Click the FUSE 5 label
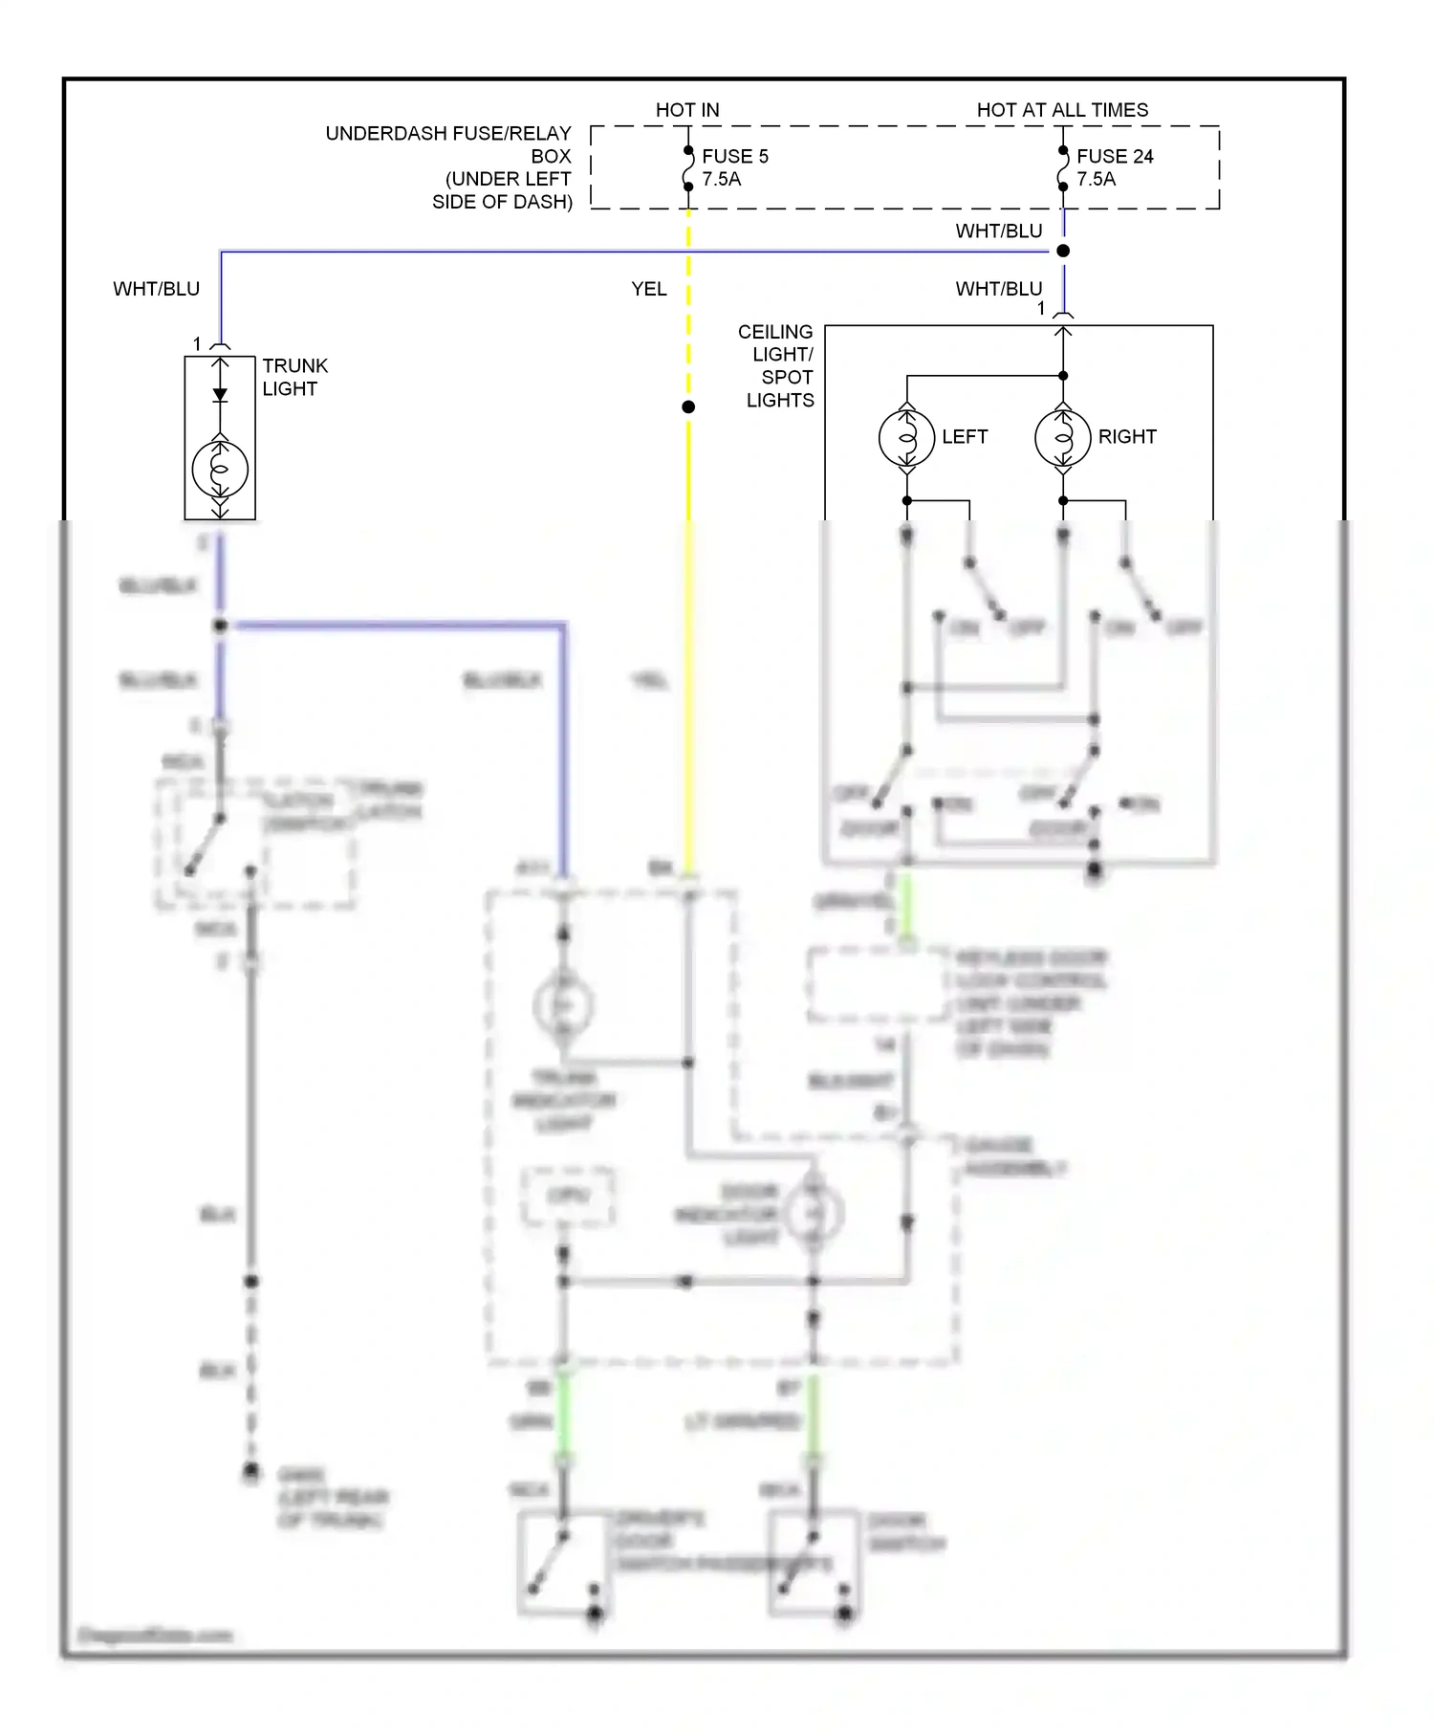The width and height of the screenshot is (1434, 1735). (734, 156)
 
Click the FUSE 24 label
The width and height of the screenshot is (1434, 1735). (1114, 156)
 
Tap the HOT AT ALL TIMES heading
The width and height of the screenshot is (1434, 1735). (1062, 110)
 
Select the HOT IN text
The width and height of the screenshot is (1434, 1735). (686, 110)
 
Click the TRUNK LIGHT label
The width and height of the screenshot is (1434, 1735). (293, 377)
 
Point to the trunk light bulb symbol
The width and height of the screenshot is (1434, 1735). (220, 470)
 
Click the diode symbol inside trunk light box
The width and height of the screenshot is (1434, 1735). (220, 394)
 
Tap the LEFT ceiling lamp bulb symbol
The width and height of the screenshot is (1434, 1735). (906, 438)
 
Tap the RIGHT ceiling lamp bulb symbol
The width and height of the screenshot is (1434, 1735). (1062, 438)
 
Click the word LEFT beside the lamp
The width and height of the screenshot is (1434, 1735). (964, 437)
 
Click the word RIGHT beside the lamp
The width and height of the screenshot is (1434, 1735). (1126, 437)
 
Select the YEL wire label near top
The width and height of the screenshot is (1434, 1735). (648, 289)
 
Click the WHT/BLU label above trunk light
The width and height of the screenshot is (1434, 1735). (156, 289)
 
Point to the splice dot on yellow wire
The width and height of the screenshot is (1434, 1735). (687, 407)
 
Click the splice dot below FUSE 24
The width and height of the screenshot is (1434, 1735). (1062, 252)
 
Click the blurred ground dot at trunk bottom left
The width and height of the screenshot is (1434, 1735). (250, 1471)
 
